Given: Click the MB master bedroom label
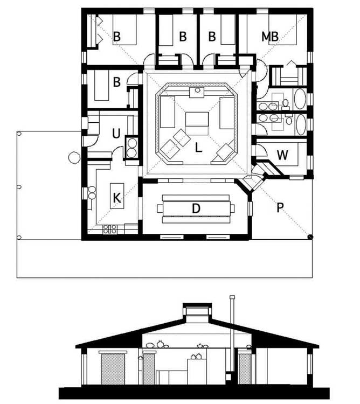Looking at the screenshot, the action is pyautogui.click(x=270, y=37).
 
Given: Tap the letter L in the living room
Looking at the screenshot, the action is pyautogui.click(x=198, y=148).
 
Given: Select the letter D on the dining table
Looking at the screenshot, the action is pyautogui.click(x=196, y=208).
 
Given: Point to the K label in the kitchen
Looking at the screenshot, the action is pyautogui.click(x=117, y=198).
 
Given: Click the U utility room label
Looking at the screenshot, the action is pyautogui.click(x=116, y=134).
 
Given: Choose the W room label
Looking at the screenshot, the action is pyautogui.click(x=282, y=155).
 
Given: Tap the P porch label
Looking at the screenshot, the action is pyautogui.click(x=280, y=207).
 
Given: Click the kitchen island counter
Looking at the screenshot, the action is pyautogui.click(x=117, y=196).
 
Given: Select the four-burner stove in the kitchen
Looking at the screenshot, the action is pyautogui.click(x=110, y=229).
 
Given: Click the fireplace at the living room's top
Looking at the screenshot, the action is pyautogui.click(x=197, y=92).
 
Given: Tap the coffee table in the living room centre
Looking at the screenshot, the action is pyautogui.click(x=197, y=119).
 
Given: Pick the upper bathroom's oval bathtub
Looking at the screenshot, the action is pyautogui.click(x=300, y=99).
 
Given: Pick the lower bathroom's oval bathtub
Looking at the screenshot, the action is pyautogui.click(x=300, y=125).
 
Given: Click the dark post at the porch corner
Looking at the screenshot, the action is pyautogui.click(x=310, y=236).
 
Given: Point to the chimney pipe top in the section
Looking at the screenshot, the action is pyautogui.click(x=232, y=297).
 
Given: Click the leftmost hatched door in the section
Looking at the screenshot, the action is pyautogui.click(x=113, y=368).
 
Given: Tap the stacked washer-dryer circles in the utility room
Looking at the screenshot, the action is pyautogui.click(x=131, y=148).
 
